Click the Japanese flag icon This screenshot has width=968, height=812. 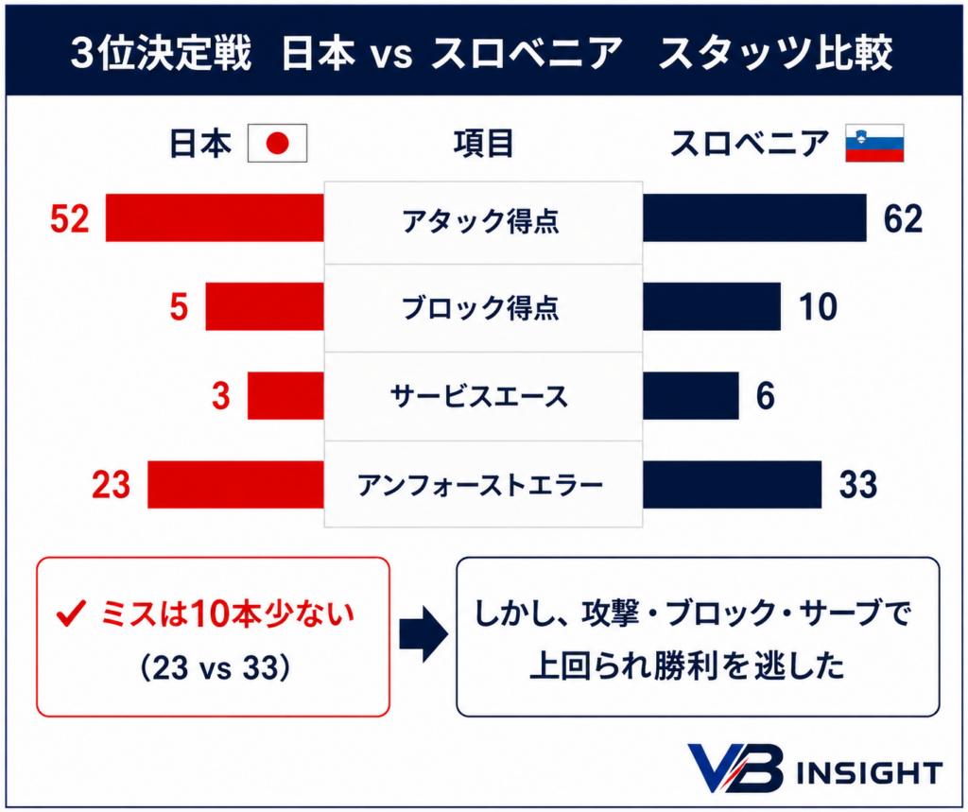277,144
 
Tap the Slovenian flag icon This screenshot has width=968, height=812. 874,144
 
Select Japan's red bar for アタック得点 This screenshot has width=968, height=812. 215,218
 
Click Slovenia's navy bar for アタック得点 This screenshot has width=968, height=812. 754,218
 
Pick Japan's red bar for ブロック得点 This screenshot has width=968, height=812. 265,306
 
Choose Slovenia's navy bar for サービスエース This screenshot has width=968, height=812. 691,396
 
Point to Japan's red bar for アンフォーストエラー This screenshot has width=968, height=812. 235,485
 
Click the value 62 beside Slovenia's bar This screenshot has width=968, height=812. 903,218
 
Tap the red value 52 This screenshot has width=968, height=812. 70,218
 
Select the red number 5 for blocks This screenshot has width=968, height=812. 179,307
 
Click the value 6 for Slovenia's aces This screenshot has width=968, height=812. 766,396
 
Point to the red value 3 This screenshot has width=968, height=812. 221,396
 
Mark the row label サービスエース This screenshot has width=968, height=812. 479,396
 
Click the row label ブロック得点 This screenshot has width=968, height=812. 480,307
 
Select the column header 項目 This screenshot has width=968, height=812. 483,144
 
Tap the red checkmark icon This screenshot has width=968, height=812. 70,613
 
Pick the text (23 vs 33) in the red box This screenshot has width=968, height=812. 215,667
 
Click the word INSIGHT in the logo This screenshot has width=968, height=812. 870,772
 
